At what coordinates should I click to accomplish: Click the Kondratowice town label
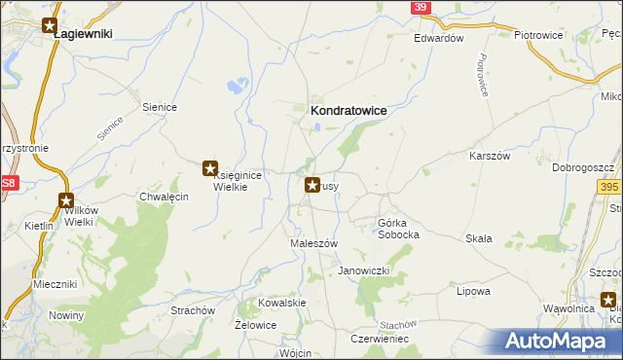coord(348,111)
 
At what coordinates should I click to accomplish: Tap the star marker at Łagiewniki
coord(50,26)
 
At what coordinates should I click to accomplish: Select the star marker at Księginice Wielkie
coord(209,168)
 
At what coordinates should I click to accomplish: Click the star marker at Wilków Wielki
coord(66,201)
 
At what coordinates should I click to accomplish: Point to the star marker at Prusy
coord(312,184)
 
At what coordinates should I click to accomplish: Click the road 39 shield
coord(419,7)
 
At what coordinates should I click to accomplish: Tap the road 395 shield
coord(609,187)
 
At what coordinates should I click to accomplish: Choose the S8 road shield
coord(9,183)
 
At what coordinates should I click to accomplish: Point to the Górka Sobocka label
coord(398,229)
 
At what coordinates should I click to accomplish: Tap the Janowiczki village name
coord(364,270)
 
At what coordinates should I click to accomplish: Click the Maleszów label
coord(314,243)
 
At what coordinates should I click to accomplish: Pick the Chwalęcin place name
coord(164,196)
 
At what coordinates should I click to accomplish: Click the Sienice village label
coord(159,107)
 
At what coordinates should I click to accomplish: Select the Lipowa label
coord(472,290)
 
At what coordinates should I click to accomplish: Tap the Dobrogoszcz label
coord(582,167)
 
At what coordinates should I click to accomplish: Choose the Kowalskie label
coord(282,303)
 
